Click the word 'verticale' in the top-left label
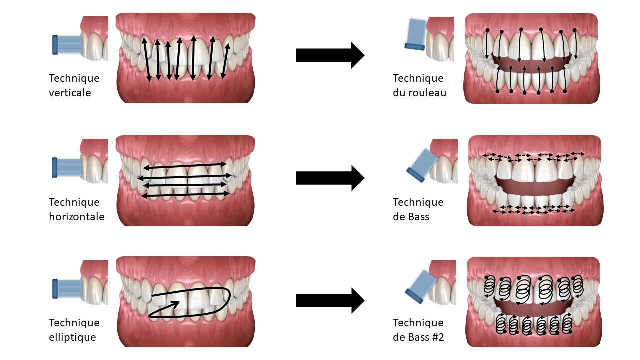click(70, 93)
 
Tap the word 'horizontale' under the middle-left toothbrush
click(77, 217)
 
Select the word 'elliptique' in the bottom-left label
click(72, 337)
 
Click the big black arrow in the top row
click(330, 55)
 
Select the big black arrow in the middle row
click(330, 178)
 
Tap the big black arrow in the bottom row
click(330, 300)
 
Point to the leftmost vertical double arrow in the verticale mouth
click(146, 59)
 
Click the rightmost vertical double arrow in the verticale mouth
click(226, 59)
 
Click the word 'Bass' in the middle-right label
click(418, 217)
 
